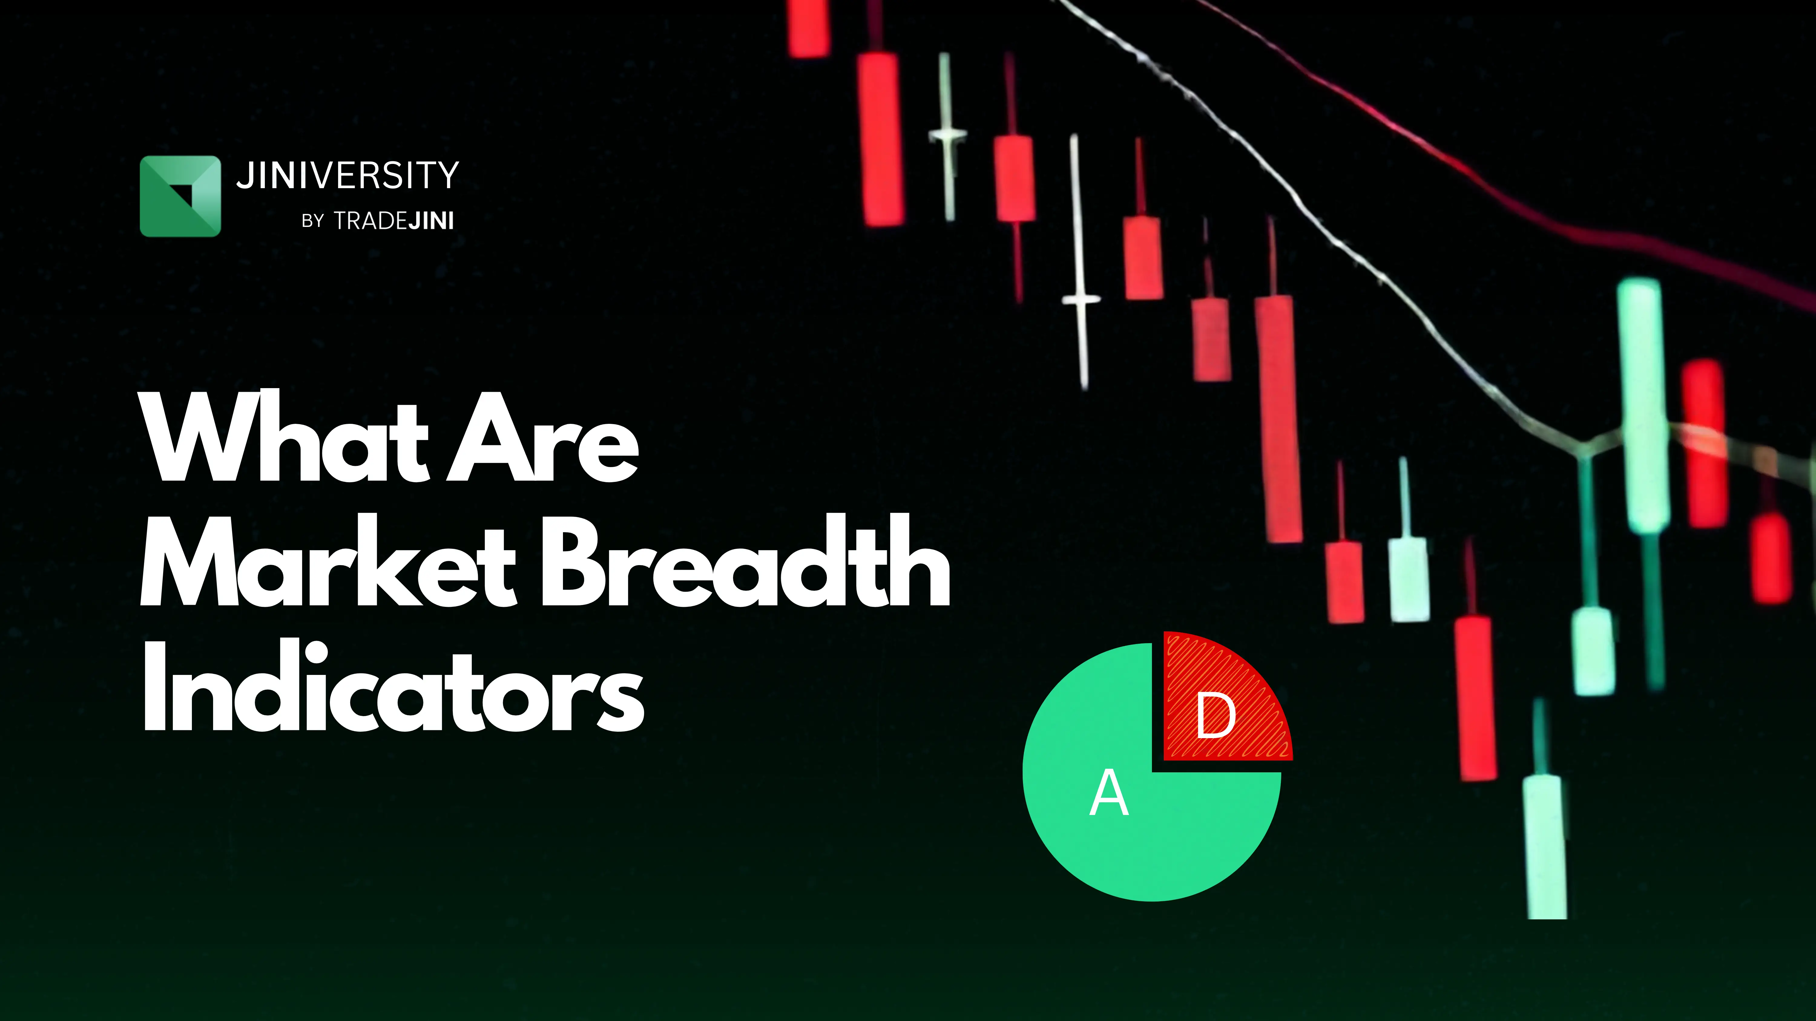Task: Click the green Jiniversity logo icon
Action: (x=180, y=196)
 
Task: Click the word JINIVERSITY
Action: (x=347, y=175)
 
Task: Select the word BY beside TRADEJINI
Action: (x=312, y=221)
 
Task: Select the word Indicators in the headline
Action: (x=393, y=687)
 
